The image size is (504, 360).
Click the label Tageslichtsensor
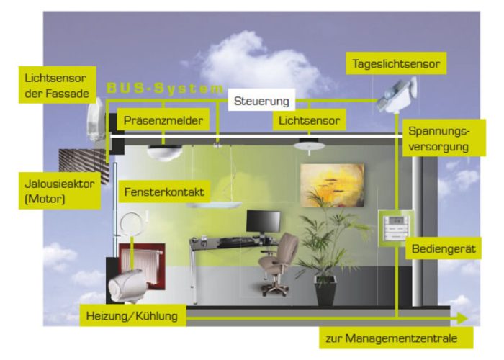(x=396, y=64)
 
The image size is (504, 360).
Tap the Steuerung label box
(x=260, y=102)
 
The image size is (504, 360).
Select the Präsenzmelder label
(x=163, y=120)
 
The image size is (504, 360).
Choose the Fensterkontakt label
(x=164, y=193)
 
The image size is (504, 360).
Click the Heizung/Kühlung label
(x=131, y=315)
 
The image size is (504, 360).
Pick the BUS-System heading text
(x=165, y=89)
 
